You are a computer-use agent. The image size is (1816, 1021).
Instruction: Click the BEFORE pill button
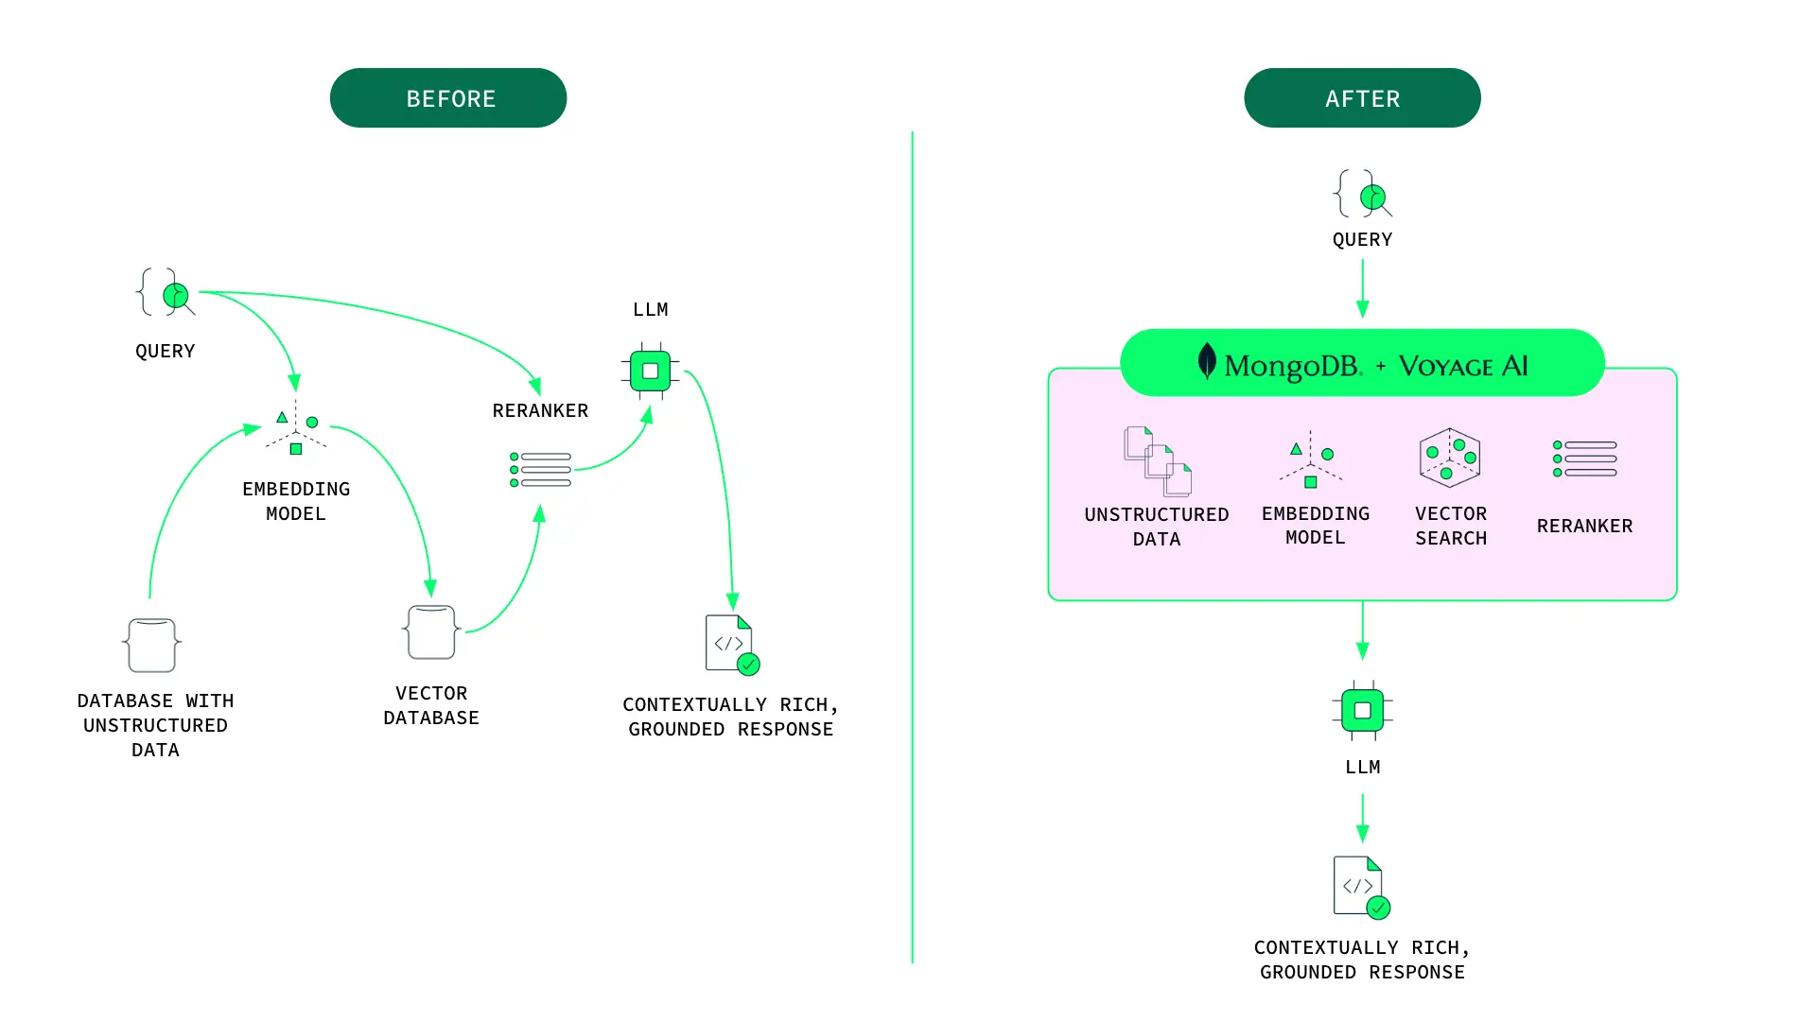(x=448, y=98)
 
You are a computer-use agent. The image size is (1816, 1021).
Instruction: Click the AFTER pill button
(x=1362, y=98)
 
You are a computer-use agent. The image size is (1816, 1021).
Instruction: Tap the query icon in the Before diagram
(x=166, y=293)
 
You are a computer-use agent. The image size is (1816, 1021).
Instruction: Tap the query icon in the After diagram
(x=1363, y=195)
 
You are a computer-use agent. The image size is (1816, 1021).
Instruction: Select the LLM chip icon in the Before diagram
(x=650, y=371)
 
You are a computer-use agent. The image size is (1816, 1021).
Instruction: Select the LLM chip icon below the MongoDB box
(x=1362, y=710)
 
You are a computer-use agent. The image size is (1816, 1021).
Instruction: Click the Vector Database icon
(x=431, y=632)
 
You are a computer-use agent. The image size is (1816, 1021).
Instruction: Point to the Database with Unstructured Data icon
(x=152, y=646)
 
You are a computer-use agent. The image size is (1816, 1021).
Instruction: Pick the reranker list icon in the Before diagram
(x=540, y=470)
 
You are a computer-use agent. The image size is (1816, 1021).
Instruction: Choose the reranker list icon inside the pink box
(x=1585, y=459)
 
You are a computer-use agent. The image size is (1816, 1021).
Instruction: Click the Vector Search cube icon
(x=1450, y=459)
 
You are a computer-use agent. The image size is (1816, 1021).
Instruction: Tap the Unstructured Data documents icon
(x=1157, y=462)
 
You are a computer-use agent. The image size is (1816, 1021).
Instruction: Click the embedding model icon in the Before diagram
(x=296, y=430)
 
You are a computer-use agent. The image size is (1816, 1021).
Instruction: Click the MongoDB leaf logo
(x=1207, y=361)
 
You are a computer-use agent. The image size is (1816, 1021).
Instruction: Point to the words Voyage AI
(x=1463, y=366)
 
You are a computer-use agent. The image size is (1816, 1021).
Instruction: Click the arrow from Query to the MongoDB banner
(x=1362, y=288)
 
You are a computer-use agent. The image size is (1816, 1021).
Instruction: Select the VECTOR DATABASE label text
(x=431, y=705)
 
